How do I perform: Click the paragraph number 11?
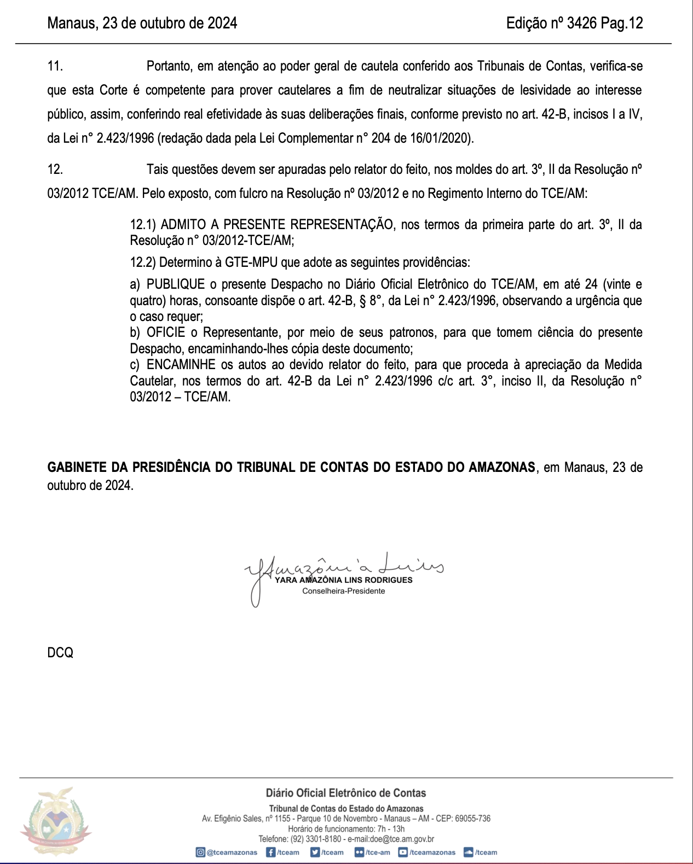coord(55,66)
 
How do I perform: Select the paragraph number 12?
coord(55,169)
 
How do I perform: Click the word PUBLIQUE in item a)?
coord(176,284)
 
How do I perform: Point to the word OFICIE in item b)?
coord(166,332)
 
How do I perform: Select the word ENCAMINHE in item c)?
coord(180,365)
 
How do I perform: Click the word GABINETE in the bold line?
coord(77,468)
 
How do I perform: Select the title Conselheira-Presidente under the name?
coord(343,591)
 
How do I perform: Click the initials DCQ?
coord(60,653)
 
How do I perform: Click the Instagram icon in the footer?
coord(200,852)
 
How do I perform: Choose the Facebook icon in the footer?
coord(270,852)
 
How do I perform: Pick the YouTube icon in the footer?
coord(403,852)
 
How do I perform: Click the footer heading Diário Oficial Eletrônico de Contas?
coord(345,793)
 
